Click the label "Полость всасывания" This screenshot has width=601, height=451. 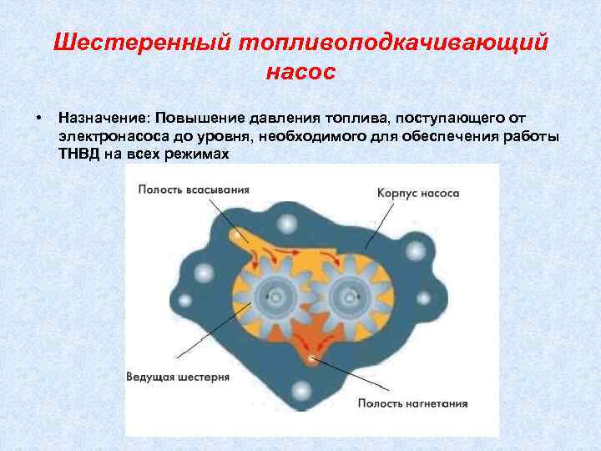[x=194, y=189]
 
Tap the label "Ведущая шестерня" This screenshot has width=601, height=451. [x=177, y=377]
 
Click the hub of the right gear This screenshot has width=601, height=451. [x=346, y=294]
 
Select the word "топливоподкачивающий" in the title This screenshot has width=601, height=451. [x=396, y=43]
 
